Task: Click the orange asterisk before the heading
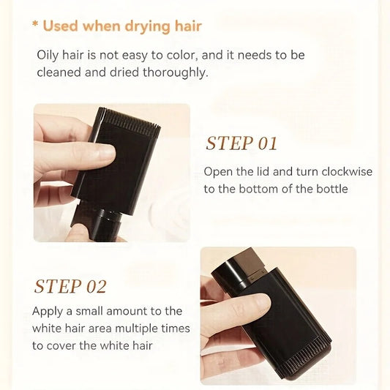pos(35,24)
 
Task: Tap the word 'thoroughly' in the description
pos(175,72)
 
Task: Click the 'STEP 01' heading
pos(241,143)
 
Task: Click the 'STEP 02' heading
pos(70,287)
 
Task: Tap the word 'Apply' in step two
pos(48,312)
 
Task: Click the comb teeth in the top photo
pos(129,119)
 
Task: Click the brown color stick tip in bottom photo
pos(251,262)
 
